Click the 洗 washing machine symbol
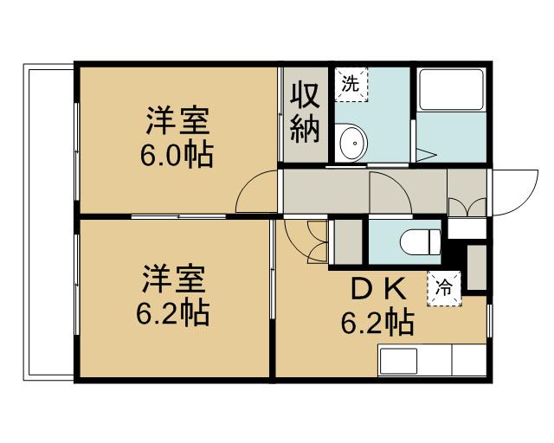[351, 84]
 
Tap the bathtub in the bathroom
[451, 89]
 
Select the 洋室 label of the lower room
[173, 281]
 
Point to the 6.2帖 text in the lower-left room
[173, 313]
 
